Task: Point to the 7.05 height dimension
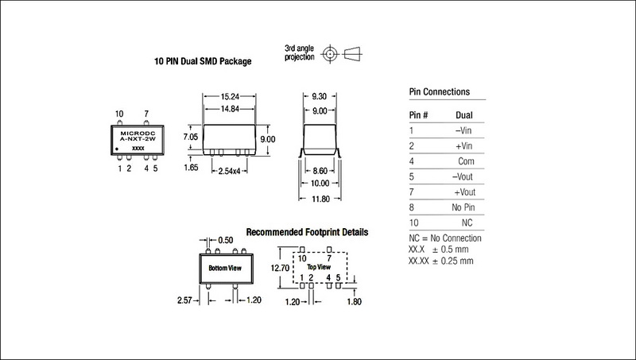point(192,137)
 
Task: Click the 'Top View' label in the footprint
point(318,267)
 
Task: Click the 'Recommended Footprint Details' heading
point(308,233)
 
